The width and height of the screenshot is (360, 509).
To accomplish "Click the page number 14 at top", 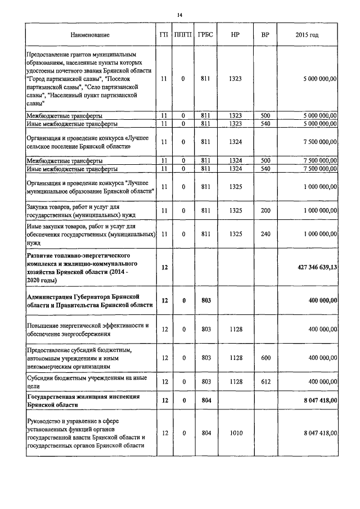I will tap(180, 15).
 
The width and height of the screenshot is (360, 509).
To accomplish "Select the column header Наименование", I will tap(90, 35).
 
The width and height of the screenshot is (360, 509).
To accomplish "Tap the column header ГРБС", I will tap(205, 35).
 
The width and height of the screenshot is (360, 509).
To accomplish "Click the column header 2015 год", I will tap(307, 35).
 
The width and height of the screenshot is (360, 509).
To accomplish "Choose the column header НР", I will tap(235, 35).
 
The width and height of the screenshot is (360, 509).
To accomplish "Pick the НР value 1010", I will tap(235, 433).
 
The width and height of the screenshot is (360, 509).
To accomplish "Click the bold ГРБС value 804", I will tap(205, 400).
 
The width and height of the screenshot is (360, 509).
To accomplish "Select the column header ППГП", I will tap(183, 35).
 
